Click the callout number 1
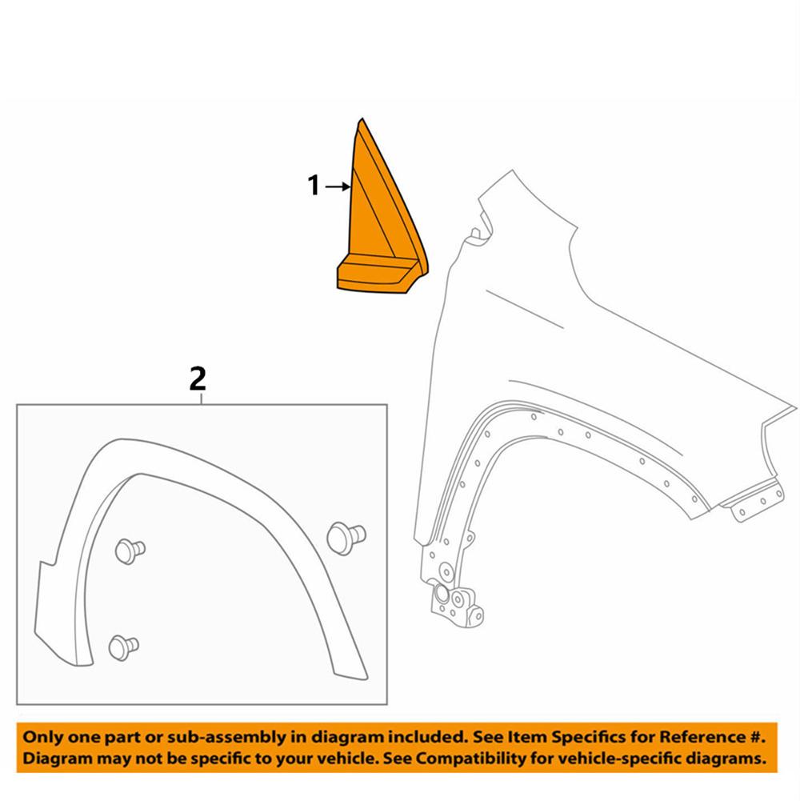pyautogui.click(x=314, y=187)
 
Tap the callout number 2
pyautogui.click(x=197, y=378)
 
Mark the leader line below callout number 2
pyautogui.click(x=202, y=398)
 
